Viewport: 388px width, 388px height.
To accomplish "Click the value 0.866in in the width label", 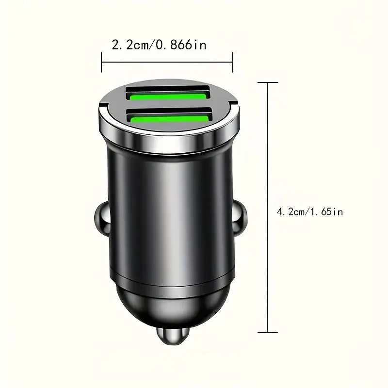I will pyautogui.click(x=181, y=45).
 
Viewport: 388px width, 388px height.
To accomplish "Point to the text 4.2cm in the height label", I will pyautogui.click(x=289, y=212).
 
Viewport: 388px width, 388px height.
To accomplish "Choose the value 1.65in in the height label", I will pyautogui.click(x=330, y=212).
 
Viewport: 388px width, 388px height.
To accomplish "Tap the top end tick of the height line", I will pyautogui.click(x=268, y=82).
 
